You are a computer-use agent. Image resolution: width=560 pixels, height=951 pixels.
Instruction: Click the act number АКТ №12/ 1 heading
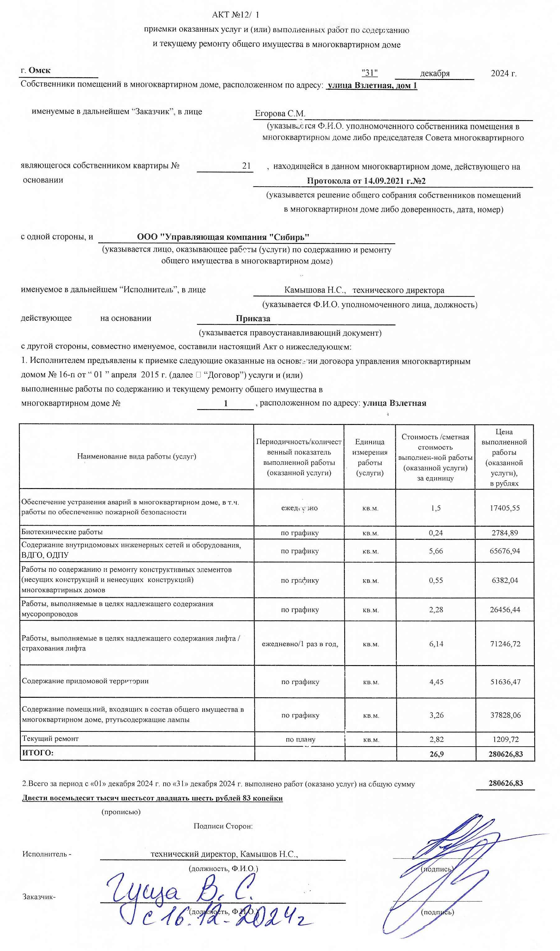(x=235, y=15)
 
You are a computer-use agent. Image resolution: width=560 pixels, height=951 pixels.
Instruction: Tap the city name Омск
(x=39, y=70)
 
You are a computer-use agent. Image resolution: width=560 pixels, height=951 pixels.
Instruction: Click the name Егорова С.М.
(x=280, y=113)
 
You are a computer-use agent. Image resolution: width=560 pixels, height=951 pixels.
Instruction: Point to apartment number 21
(x=246, y=166)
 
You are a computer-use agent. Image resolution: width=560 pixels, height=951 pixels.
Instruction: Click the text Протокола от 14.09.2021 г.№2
(x=366, y=181)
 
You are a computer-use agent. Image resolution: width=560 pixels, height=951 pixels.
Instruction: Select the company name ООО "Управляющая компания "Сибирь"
(x=223, y=237)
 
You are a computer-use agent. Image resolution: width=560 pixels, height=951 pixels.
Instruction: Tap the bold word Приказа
(x=253, y=318)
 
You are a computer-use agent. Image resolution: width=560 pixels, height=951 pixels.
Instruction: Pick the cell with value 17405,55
(x=505, y=508)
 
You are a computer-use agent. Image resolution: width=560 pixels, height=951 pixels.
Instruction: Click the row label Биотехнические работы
(x=62, y=532)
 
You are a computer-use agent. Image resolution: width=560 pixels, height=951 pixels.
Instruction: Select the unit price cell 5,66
(x=436, y=551)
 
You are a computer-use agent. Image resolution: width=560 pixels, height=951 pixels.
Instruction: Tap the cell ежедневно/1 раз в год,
(x=300, y=644)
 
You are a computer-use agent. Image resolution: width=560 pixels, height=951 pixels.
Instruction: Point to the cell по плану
(x=300, y=739)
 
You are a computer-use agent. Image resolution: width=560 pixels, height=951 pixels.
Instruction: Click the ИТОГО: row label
(x=38, y=753)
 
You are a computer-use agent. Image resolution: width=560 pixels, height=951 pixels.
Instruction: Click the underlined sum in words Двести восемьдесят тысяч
(x=152, y=798)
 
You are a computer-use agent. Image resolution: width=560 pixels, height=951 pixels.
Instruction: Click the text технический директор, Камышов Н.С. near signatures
(x=224, y=854)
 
